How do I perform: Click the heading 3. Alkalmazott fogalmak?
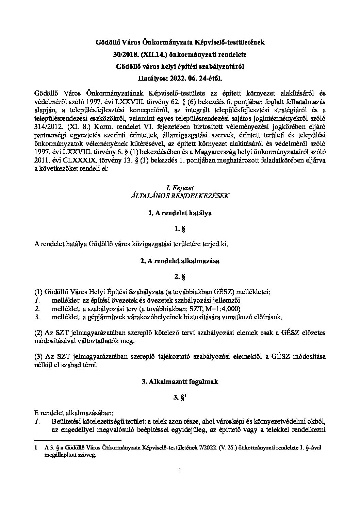click(x=180, y=381)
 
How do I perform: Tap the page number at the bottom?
click(x=180, y=471)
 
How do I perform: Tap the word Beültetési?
click(x=66, y=422)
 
